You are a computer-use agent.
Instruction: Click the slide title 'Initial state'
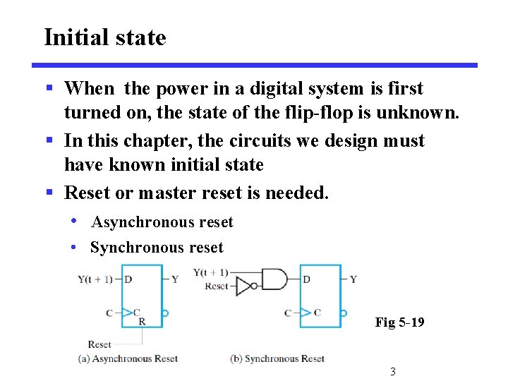tap(105, 37)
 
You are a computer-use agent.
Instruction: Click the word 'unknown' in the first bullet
tap(421, 112)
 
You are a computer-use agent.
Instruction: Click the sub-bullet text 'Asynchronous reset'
tap(162, 222)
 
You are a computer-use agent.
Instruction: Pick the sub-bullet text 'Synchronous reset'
tap(157, 248)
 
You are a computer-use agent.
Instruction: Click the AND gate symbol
tap(274, 279)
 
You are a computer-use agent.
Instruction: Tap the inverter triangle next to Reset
tap(244, 286)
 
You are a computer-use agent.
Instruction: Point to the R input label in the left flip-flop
tap(142, 322)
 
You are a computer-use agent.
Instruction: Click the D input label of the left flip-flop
tap(128, 279)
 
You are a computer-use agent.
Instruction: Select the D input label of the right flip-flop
tap(306, 279)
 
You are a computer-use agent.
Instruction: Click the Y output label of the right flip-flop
tap(353, 279)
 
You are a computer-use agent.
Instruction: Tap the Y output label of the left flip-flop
tap(175, 279)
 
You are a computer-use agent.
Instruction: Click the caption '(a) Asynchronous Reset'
tap(128, 358)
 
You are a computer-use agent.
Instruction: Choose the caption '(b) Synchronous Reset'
tap(277, 358)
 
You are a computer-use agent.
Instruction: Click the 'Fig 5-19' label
tap(399, 322)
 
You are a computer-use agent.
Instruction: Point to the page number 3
tap(392, 372)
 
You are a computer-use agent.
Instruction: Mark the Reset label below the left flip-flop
tap(99, 344)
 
